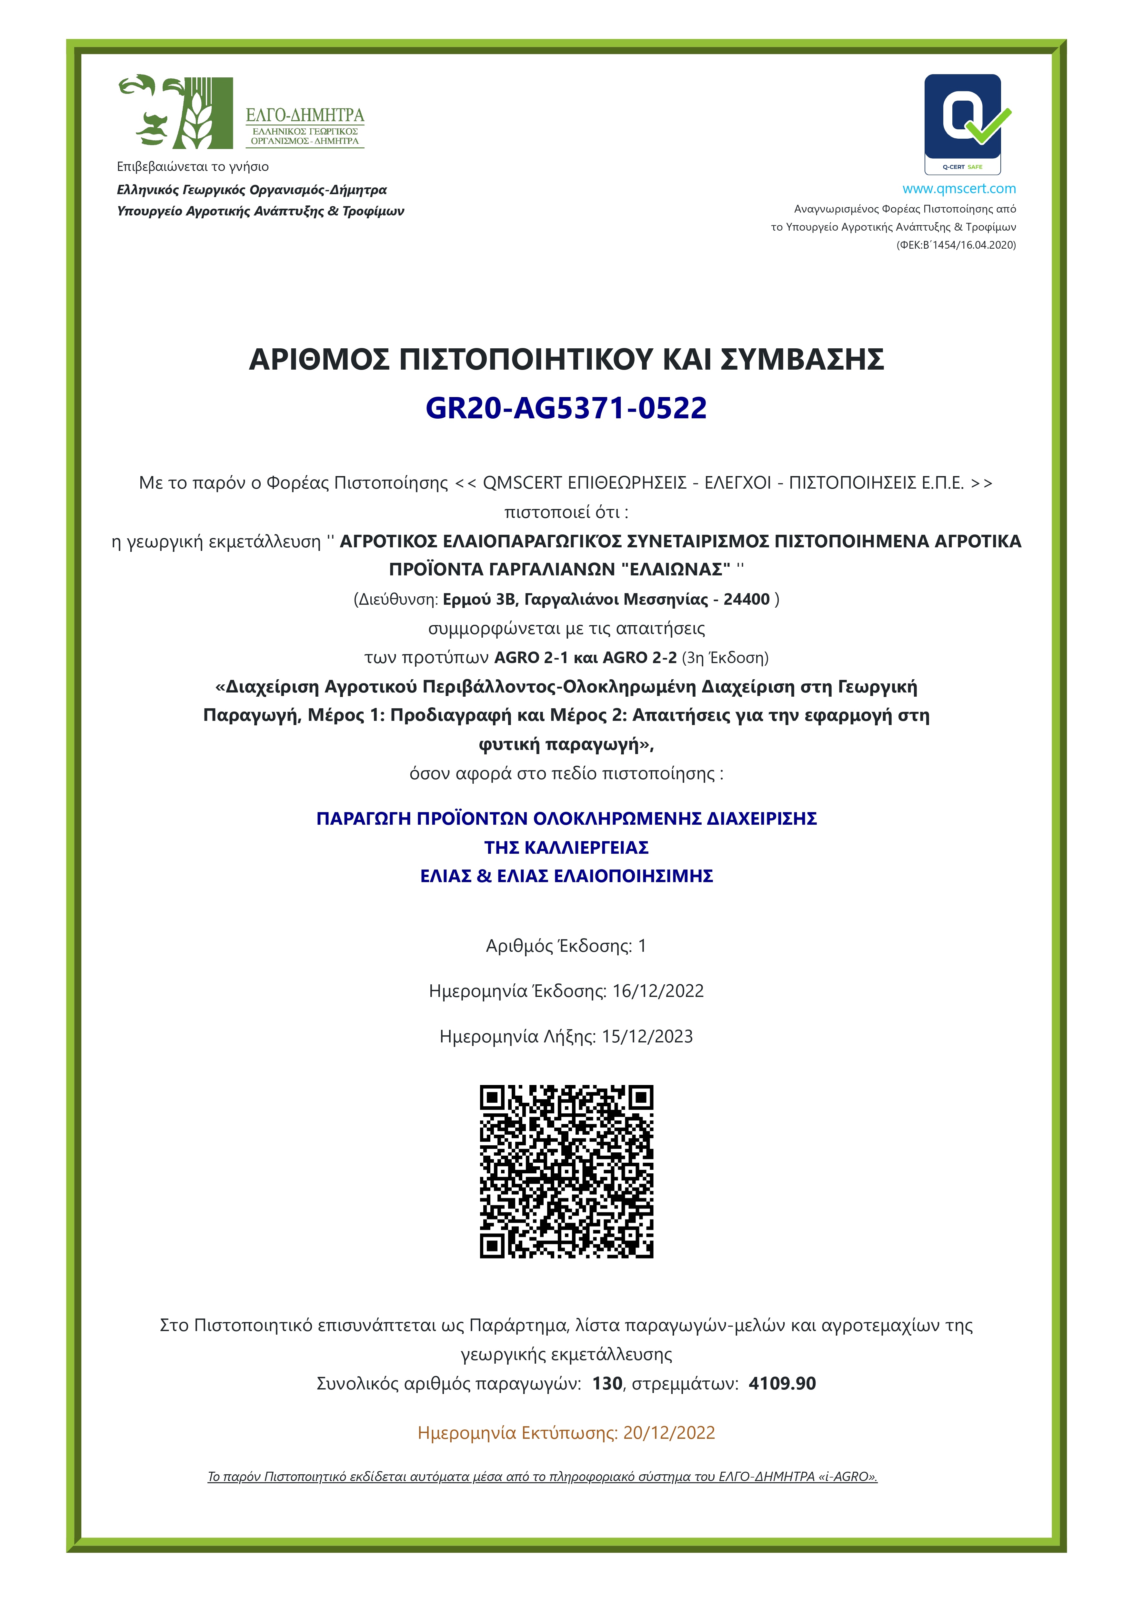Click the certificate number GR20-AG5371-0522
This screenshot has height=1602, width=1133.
[x=566, y=408]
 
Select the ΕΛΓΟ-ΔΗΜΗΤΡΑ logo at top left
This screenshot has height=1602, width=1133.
[x=241, y=112]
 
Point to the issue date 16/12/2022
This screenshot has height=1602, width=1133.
[x=657, y=991]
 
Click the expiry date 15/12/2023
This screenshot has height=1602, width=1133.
[x=647, y=1036]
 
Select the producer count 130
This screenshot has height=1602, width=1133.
[x=607, y=1384]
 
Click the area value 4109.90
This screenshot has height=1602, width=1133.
[x=782, y=1384]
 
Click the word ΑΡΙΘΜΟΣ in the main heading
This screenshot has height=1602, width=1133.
[x=319, y=359]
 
